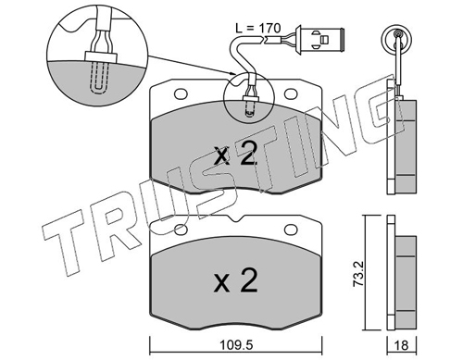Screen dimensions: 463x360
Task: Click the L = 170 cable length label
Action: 257,28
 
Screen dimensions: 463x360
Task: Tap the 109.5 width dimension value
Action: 237,345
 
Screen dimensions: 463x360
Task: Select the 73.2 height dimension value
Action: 359,275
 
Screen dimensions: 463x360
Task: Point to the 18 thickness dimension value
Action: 401,345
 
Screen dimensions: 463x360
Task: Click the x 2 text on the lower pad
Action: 236,280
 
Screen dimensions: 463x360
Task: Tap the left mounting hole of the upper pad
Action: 181,93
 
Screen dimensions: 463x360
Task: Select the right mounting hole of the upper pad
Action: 291,93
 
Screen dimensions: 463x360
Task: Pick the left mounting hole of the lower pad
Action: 181,230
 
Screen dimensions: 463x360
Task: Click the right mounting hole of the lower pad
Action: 291,230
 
